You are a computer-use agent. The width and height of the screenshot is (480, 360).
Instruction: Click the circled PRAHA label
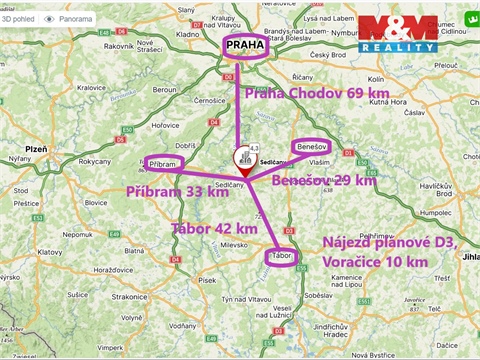[x=245, y=49]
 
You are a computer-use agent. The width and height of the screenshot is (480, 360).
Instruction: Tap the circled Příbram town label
[x=164, y=164]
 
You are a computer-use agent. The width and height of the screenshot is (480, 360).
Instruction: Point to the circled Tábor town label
[x=283, y=256]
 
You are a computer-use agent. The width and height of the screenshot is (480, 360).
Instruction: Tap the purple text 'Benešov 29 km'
[x=324, y=180]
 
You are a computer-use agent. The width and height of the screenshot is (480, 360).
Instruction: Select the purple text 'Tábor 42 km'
[x=214, y=229]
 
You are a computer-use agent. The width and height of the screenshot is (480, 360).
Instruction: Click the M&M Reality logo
[x=398, y=34]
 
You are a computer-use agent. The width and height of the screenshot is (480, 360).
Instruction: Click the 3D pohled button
[x=20, y=19]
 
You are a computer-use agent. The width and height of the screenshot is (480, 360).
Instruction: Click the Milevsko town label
[x=234, y=244]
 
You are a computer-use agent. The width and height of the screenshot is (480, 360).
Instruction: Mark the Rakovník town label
[x=119, y=45]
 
